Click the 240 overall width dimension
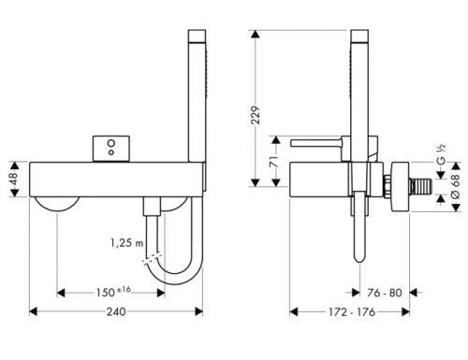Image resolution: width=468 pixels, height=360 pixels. [116, 311]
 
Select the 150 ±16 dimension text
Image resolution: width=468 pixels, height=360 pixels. [113, 292]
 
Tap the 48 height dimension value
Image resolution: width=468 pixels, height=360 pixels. [14, 180]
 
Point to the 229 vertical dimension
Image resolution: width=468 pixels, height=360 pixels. [256, 115]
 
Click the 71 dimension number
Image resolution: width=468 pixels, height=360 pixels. [274, 162]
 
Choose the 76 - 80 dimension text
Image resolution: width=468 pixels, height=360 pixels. [385, 293]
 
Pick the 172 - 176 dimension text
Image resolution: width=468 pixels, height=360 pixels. [352, 311]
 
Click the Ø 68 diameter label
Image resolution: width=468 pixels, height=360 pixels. [456, 186]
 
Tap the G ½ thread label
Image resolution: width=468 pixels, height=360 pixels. [441, 154]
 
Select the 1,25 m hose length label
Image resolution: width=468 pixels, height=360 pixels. [125, 242]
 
